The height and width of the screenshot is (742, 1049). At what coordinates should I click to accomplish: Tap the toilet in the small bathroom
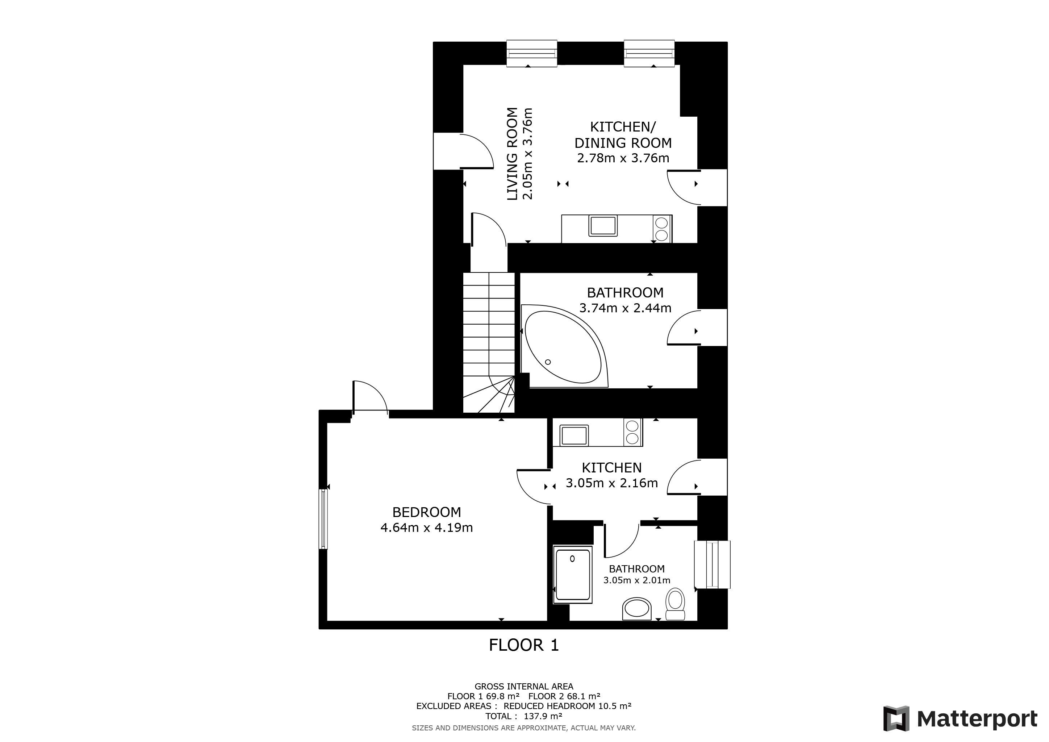click(675, 604)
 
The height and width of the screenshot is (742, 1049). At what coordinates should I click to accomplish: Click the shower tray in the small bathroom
click(572, 574)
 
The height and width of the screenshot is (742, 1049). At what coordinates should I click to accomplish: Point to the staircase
click(489, 343)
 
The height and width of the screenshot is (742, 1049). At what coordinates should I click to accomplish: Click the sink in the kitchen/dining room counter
click(603, 226)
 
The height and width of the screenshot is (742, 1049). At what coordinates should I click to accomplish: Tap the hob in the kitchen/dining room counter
click(661, 229)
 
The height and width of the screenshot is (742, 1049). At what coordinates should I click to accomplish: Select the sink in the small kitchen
click(574, 435)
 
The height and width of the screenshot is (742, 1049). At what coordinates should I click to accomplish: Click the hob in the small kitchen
click(632, 432)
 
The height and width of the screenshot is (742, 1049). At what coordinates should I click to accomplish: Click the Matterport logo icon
click(897, 719)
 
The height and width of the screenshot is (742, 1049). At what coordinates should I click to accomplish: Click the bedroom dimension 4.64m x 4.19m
click(427, 528)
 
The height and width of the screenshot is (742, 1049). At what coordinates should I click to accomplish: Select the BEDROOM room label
click(427, 512)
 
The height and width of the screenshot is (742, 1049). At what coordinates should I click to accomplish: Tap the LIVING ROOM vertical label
click(513, 154)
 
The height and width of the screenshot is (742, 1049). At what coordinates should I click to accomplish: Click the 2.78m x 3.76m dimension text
click(623, 158)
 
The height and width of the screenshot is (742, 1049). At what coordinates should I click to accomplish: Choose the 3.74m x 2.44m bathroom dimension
click(626, 308)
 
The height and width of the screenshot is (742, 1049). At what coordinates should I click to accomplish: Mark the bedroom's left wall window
click(323, 519)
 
